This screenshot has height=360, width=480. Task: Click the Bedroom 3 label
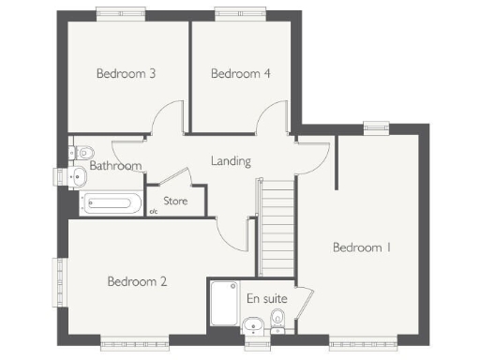[125, 74]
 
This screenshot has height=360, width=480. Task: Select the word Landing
[231, 161]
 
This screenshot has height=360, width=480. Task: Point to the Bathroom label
[115, 166]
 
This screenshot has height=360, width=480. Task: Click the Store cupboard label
[176, 201]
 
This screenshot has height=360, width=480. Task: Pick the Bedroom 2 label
[137, 281]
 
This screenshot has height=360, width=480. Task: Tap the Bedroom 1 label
[362, 247]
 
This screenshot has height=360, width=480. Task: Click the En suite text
[266, 298]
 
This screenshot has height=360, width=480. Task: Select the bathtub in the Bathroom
[111, 203]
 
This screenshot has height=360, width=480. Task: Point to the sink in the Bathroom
[74, 174]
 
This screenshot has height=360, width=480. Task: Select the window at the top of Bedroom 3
[120, 13]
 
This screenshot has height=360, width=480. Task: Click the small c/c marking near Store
[154, 211]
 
